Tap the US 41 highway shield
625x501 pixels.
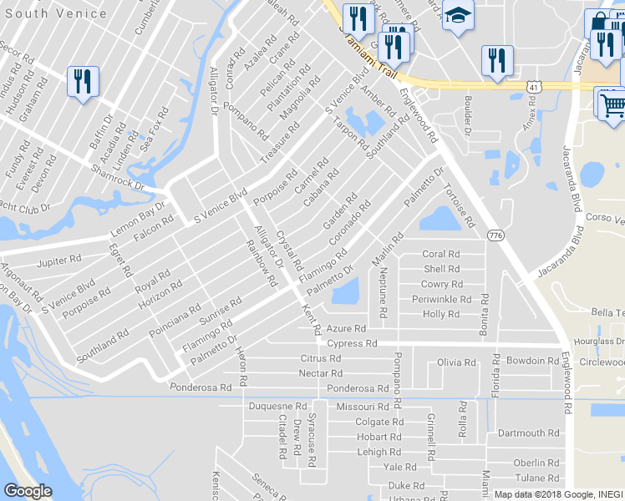pos(534,86)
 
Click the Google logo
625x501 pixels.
pos(28,491)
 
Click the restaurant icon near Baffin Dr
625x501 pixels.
pos(83,82)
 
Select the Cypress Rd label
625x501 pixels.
pos(352,343)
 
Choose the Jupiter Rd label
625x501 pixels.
pos(57,262)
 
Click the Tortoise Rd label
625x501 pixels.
pos(459,205)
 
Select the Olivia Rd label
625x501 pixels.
pos(456,362)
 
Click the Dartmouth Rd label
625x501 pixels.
pos(527,433)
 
